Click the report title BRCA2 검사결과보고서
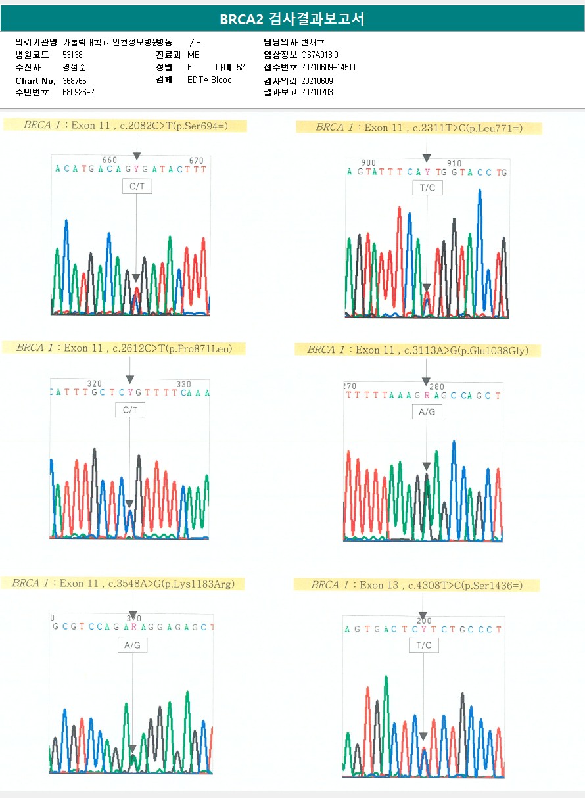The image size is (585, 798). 292,19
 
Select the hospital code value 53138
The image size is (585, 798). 72,55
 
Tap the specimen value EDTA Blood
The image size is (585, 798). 210,80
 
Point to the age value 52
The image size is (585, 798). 241,68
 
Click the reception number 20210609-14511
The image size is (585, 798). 329,68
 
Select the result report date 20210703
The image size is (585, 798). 317,93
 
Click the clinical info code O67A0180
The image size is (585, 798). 320,55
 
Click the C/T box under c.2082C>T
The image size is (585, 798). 137,187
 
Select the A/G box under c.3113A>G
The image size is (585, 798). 427,412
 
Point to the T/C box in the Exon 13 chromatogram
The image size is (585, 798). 424,645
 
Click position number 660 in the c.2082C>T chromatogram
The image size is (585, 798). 110,160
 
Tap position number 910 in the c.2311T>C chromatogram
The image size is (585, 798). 454,164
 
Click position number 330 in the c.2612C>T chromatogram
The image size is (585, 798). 183,385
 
